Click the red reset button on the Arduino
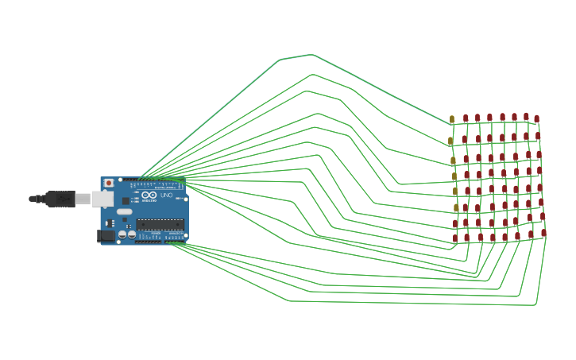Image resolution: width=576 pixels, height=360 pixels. tap(109, 183)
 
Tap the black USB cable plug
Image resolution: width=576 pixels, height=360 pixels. tap(60, 199)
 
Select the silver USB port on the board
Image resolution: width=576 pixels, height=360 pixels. tap(102, 199)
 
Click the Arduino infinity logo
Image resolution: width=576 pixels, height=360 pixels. tap(149, 195)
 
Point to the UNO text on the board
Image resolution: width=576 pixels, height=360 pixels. tap(166, 195)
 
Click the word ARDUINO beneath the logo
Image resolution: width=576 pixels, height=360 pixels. tap(149, 201)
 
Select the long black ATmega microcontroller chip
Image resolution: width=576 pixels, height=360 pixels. tap(160, 224)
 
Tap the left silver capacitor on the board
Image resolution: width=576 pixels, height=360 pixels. tap(122, 234)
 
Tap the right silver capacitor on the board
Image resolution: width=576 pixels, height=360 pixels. tap(132, 234)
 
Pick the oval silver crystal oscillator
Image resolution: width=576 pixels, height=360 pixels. tap(126, 211)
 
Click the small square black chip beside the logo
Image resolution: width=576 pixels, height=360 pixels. tap(126, 200)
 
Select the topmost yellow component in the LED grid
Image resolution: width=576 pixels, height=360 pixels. tap(452, 119)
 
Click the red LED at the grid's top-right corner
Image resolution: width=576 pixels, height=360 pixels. tap(536, 119)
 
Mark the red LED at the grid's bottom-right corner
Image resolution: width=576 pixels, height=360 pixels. tap(544, 234)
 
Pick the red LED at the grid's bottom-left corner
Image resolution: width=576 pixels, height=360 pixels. tap(455, 238)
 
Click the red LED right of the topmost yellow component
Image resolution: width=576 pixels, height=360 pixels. tap(466, 118)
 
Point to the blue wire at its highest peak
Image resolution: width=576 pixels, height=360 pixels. tap(312, 55)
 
